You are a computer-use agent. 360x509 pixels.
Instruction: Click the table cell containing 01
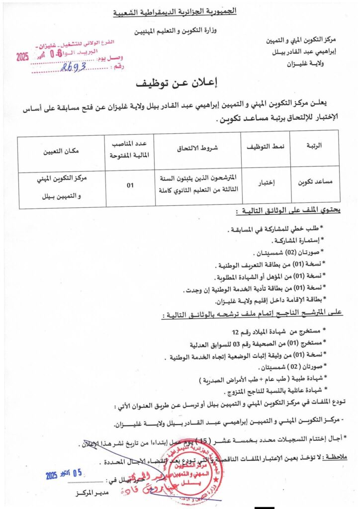tap(130, 185)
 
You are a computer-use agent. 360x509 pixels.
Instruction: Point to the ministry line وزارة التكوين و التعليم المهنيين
tap(180, 31)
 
